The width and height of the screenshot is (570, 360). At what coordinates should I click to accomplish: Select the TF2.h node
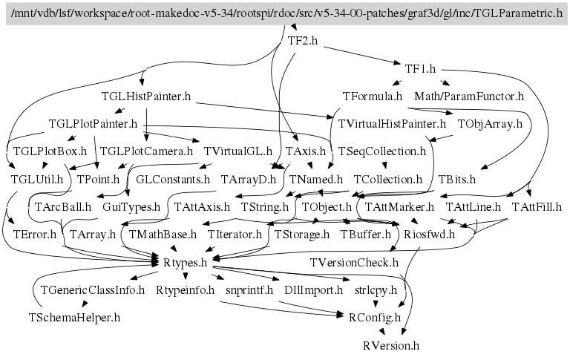[x=302, y=42]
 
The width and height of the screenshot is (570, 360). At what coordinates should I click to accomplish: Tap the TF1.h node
[x=420, y=69]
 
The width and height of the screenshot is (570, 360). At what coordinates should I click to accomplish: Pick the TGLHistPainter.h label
[x=146, y=96]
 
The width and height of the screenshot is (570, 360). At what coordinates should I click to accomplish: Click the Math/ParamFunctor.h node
[x=469, y=96]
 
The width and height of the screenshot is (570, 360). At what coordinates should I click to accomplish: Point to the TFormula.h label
[x=373, y=96]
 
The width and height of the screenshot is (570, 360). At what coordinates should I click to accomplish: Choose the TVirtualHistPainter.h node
[x=392, y=124]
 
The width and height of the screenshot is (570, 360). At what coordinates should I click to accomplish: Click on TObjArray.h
[x=490, y=124]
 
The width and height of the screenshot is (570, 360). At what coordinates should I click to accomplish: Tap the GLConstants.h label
[x=173, y=179]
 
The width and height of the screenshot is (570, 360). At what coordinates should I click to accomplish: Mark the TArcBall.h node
[x=62, y=206]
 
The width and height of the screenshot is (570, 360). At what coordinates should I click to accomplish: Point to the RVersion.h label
[x=391, y=345]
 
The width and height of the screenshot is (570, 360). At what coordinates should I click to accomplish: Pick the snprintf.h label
[x=249, y=289]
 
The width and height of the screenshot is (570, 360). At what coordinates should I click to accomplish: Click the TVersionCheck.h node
[x=355, y=262]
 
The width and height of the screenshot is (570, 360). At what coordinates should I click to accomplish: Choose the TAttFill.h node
[x=536, y=206]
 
